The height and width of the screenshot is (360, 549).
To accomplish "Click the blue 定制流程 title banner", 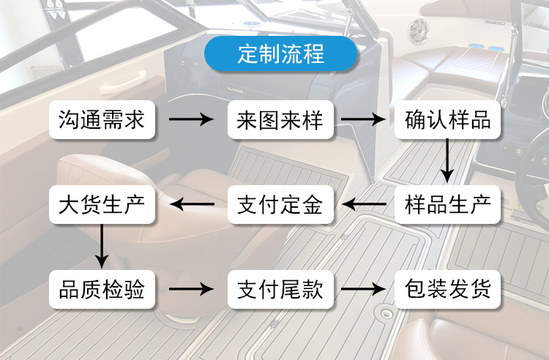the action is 280,53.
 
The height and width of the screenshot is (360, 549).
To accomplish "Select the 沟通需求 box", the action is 102,120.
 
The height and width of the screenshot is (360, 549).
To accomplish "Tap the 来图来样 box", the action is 280,120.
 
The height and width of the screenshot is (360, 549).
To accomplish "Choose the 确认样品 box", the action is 447,120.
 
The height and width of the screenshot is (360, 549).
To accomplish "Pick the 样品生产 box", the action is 447,204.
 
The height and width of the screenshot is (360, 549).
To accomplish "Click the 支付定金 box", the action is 280,204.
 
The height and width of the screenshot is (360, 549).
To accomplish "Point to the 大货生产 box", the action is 102,204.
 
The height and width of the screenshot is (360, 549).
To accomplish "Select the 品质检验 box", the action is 102,289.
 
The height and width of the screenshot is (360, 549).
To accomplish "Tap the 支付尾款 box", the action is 280,289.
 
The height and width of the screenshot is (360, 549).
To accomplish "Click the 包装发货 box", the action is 447,289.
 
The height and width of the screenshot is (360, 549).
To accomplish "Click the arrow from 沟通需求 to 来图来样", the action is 191,119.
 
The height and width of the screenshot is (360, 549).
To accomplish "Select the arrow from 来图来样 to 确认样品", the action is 363,119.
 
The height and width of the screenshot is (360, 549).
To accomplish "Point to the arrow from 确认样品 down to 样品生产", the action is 447,160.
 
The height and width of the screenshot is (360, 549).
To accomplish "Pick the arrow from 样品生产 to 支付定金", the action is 364,204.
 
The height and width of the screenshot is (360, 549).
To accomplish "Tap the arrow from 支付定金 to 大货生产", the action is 193,204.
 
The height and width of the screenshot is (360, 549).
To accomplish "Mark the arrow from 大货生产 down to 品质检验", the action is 102,246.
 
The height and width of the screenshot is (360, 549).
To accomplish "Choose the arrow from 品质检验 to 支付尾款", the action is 191,289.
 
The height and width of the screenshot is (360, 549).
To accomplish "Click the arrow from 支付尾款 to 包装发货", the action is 363,289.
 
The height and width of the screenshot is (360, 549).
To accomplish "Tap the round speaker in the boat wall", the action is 419,31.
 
